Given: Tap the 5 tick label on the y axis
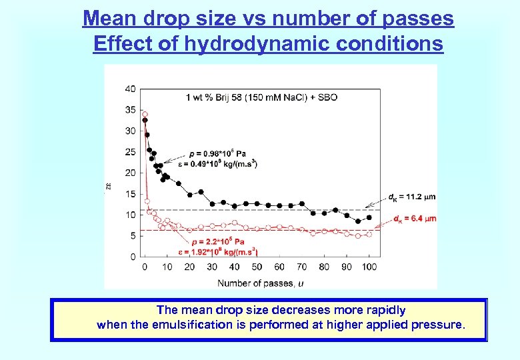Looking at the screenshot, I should [132, 235].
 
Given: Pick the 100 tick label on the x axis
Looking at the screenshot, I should [369, 267].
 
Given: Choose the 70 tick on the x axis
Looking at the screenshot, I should [301, 267].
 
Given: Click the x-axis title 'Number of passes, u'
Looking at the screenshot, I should [259, 283].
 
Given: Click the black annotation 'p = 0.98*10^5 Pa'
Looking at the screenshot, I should [217, 153].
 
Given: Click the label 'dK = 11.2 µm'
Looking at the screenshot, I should [411, 197].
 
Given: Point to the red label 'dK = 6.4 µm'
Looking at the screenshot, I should [414, 218].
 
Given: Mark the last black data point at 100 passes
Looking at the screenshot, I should [369, 217].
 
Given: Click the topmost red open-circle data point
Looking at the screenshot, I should [145, 114].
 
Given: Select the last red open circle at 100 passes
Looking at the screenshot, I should [369, 234].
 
